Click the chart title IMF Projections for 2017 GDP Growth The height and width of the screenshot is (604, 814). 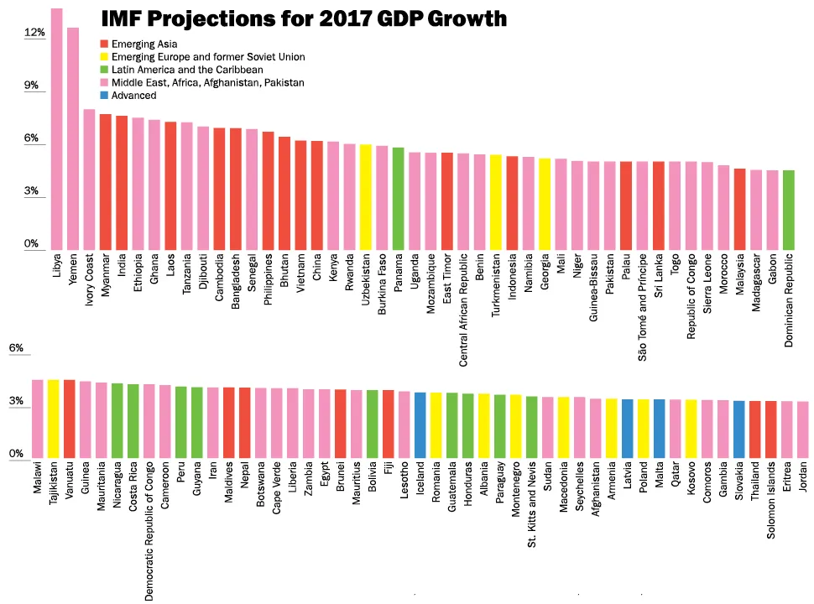(x=304, y=18)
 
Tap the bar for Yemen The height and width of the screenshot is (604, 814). (x=73, y=138)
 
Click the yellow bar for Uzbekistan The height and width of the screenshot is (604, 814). (x=365, y=197)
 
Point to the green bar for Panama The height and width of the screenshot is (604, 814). (x=398, y=199)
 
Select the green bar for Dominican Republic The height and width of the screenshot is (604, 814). (x=788, y=210)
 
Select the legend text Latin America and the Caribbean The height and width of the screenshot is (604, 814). (x=187, y=70)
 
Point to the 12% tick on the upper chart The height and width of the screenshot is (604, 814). (x=34, y=33)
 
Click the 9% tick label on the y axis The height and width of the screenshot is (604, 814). (x=32, y=86)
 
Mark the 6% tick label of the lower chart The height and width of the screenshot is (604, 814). (x=17, y=349)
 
